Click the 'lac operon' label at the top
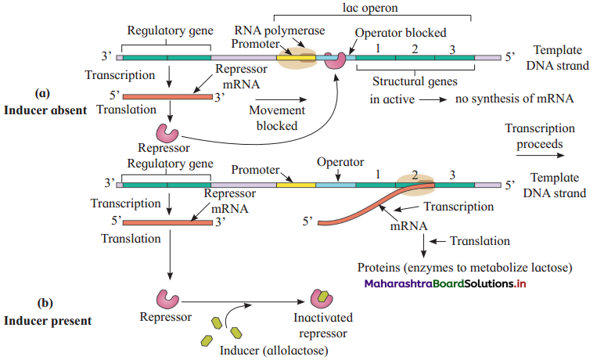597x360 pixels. (x=370, y=8)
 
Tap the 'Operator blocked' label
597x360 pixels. (x=401, y=33)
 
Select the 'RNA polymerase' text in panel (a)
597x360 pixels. (x=279, y=31)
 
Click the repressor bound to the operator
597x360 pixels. (x=335, y=60)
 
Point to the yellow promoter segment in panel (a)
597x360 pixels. (x=296, y=58)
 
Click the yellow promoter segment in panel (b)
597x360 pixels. (x=296, y=185)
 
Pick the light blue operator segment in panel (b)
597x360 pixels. (x=336, y=185)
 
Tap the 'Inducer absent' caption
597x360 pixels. (x=45, y=110)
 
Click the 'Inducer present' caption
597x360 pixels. (x=48, y=321)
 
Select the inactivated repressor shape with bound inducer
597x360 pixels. (x=322, y=299)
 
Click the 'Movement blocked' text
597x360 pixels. (x=277, y=118)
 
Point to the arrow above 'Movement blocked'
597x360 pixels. (x=283, y=99)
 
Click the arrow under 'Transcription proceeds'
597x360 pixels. (x=540, y=155)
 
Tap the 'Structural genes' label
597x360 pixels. (x=415, y=81)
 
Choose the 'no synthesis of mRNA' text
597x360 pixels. (x=514, y=99)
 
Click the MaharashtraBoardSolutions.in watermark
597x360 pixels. (x=445, y=284)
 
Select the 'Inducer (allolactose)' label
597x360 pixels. (x=274, y=351)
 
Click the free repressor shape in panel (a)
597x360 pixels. (x=167, y=132)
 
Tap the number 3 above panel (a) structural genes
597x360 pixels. (x=452, y=49)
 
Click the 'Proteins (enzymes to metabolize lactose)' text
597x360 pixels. (x=465, y=268)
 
